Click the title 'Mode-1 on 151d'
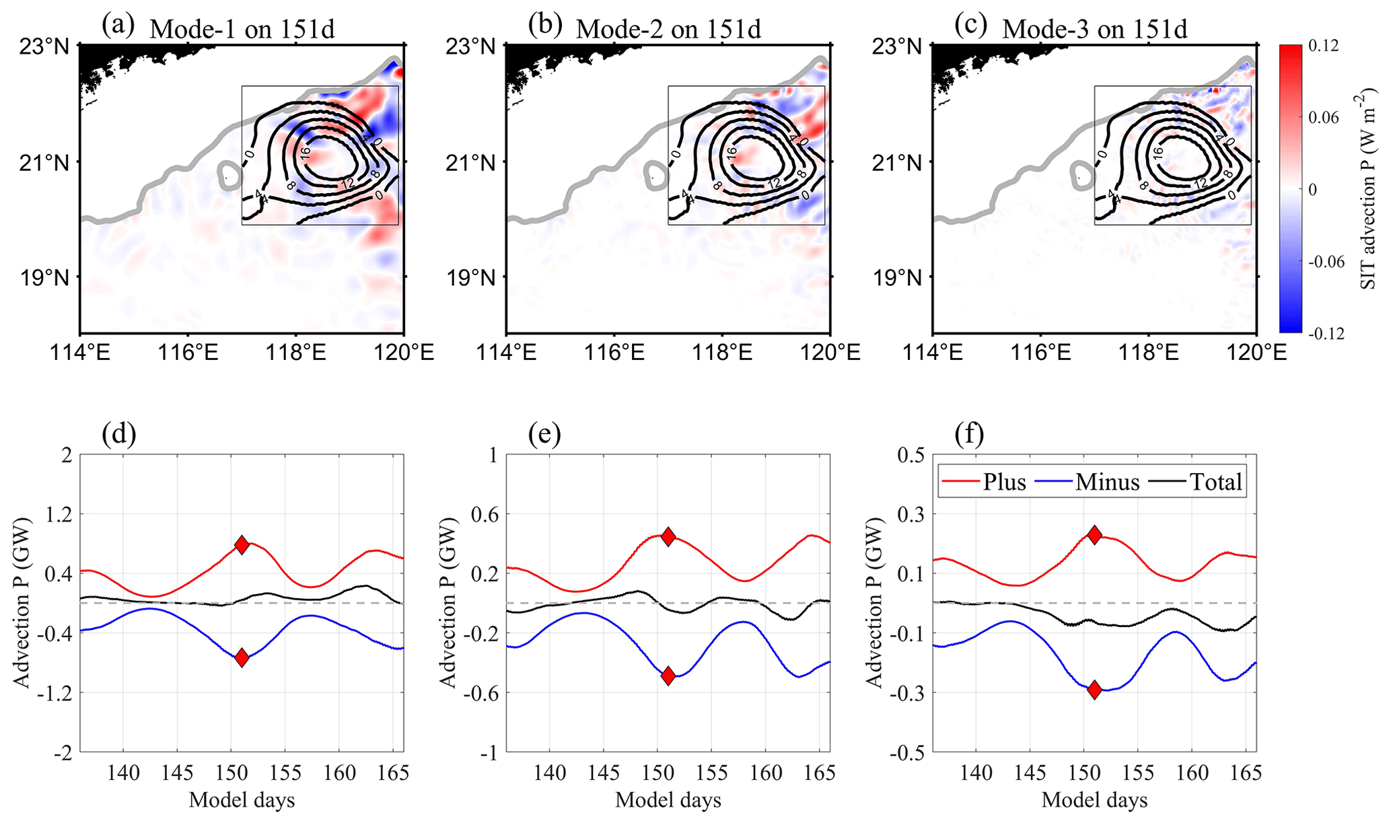click(x=242, y=30)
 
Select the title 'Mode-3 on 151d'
click(x=1094, y=30)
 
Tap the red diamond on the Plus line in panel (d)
click(x=242, y=545)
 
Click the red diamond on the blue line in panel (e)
click(x=668, y=676)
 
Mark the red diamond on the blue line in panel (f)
click(x=1094, y=689)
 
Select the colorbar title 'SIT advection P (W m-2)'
click(x=1369, y=189)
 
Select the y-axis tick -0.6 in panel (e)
click(x=479, y=692)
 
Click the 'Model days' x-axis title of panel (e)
click(x=668, y=800)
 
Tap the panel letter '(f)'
click(x=969, y=435)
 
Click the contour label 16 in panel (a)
click(x=305, y=153)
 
